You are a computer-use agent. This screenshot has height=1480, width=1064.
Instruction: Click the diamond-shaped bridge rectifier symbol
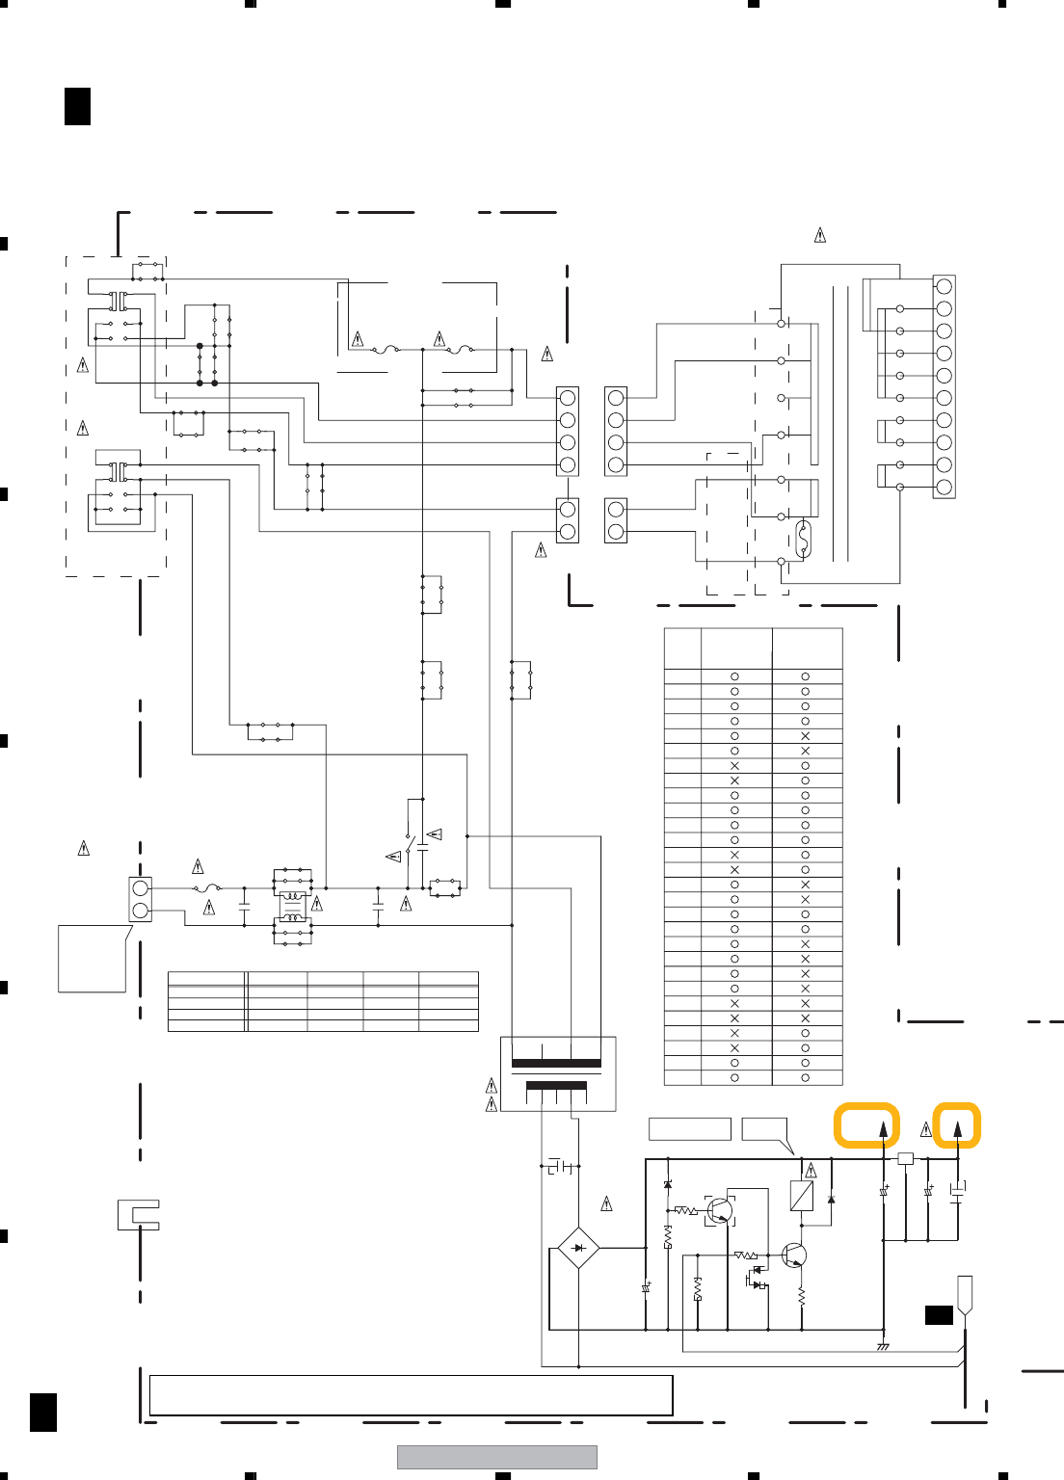[x=578, y=1248]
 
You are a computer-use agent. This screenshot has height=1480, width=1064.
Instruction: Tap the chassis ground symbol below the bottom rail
[x=883, y=1346]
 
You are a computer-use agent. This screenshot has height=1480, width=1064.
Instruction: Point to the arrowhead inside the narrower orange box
[x=957, y=1128]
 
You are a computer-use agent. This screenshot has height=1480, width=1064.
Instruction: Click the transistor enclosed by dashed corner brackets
[x=720, y=1210]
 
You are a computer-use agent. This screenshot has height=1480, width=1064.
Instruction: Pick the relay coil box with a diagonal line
[x=801, y=1196]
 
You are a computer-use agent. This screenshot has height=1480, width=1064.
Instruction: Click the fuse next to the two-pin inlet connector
[x=207, y=887]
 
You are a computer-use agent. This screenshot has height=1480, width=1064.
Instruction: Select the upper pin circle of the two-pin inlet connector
[x=141, y=887]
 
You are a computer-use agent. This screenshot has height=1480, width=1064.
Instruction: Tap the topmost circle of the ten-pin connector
[x=944, y=286]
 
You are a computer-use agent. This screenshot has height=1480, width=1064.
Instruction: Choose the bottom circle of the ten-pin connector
[x=944, y=488]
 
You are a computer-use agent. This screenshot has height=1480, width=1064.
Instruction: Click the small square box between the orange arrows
[x=905, y=1158]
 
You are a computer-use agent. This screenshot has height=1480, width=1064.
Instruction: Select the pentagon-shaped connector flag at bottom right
[x=964, y=1292]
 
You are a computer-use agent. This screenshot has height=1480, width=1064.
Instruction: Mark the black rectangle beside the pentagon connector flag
[x=939, y=1315]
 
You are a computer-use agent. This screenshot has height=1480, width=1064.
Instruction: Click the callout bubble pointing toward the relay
[x=765, y=1129]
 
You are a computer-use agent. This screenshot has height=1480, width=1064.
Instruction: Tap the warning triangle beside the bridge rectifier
[x=607, y=1203]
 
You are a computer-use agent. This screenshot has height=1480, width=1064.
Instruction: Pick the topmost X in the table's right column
[x=806, y=736]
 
